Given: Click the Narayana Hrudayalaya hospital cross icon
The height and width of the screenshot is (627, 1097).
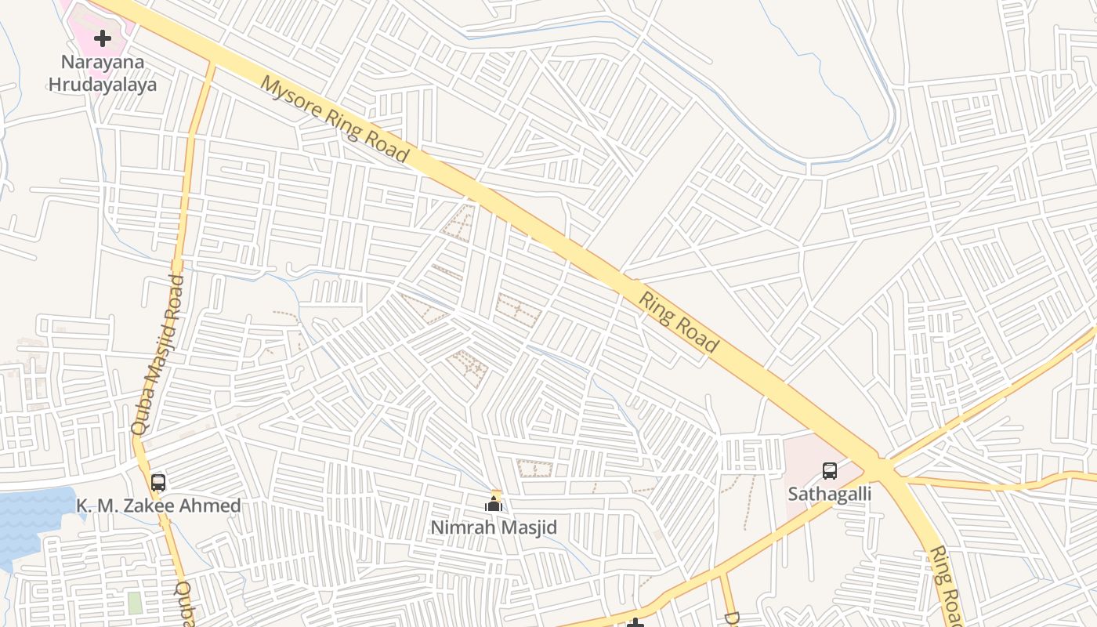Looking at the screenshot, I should click(103, 38).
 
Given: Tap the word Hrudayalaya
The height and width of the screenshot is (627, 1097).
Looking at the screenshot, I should click(103, 85).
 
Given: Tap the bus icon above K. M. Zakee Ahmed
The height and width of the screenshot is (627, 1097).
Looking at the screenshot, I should click(158, 482).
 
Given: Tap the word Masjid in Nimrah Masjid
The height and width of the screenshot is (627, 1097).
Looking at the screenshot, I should click(529, 528).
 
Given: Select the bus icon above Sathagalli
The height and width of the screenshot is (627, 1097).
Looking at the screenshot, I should click(830, 471).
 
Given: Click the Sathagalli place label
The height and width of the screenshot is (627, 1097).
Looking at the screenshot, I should click(830, 495).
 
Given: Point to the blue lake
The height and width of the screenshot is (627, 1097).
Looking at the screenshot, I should click(31, 517).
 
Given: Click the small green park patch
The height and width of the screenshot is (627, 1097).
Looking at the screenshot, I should click(135, 603).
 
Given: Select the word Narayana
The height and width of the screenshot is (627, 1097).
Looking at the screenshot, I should click(103, 63).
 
